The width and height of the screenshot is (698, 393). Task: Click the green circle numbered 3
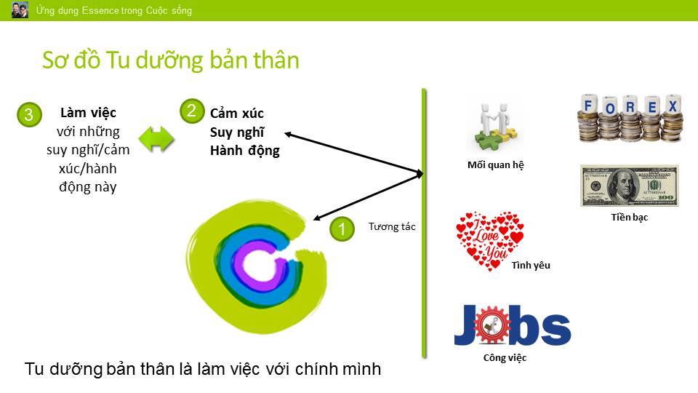pos(29,114)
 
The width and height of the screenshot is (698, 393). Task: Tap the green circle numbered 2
pos(192,111)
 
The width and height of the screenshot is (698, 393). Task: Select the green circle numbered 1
pos(342,229)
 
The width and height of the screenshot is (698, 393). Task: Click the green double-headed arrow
pos(156,139)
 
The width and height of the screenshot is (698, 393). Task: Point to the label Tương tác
pos(392,226)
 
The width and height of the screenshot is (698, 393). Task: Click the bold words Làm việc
pos(88,113)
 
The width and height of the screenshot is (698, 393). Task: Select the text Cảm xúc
pos(237,114)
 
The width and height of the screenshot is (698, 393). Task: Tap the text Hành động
pos(245,151)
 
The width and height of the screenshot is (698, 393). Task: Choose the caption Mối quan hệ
pos(495,165)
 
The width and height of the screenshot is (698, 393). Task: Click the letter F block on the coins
pos(588,105)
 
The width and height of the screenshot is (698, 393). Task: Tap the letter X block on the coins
pos(673,106)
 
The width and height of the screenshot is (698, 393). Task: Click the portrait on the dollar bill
pos(623,186)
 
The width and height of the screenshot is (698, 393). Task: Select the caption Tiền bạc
pos(630,218)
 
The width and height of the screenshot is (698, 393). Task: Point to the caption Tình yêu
pos(531,265)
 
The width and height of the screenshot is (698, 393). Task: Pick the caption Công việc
pos(505,358)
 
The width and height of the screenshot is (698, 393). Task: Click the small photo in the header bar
pos(20,9)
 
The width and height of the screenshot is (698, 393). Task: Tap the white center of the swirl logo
pos(259,266)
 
